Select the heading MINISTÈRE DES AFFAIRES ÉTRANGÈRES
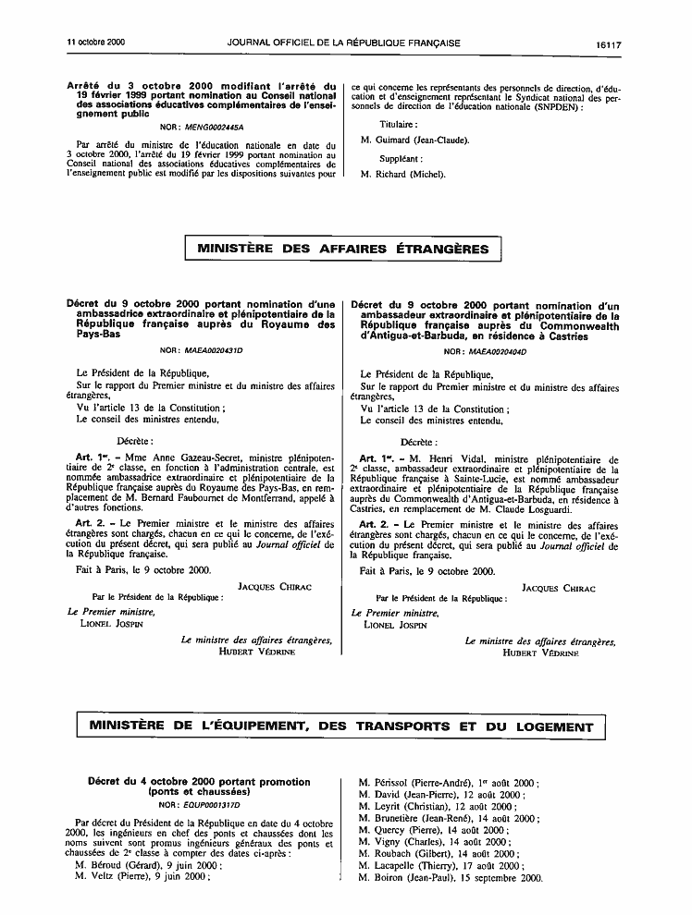[x=343, y=249]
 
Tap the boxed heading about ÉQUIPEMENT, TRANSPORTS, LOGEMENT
[x=341, y=726]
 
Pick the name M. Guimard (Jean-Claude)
[x=415, y=140]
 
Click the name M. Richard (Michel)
[x=403, y=174]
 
